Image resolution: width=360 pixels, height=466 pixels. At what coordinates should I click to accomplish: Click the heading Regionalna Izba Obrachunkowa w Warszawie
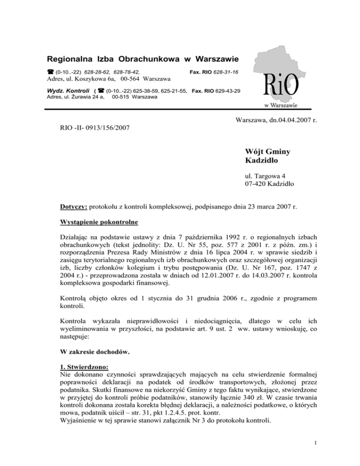(142, 60)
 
